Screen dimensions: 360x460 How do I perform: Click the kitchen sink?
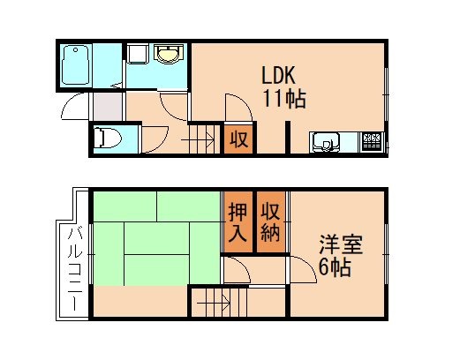point(325,141)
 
